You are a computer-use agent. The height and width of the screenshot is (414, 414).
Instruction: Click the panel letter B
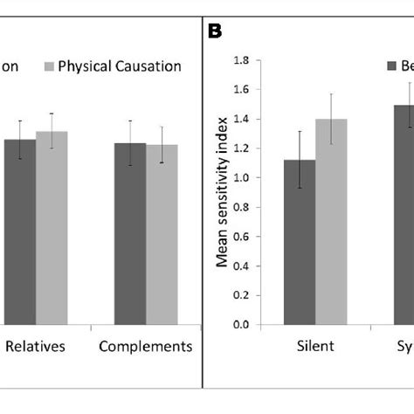[x=216, y=31]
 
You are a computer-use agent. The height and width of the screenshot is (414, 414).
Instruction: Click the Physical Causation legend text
[x=120, y=66]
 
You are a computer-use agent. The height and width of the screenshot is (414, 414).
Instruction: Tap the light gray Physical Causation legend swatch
[x=49, y=66]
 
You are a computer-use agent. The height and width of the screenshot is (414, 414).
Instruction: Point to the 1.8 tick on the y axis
[x=240, y=60]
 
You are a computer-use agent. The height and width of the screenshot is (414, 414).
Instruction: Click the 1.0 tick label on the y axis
[x=240, y=178]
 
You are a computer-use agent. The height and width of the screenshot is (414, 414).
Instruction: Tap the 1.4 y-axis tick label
[x=240, y=119]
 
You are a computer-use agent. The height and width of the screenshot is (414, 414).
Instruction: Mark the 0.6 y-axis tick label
[x=240, y=237]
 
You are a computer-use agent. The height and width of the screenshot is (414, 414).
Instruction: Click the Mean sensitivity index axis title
[x=224, y=192]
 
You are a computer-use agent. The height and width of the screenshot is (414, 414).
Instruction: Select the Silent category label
[x=315, y=347]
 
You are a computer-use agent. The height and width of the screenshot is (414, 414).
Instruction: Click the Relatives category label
[x=36, y=347]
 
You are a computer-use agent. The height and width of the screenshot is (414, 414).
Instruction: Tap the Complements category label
[x=145, y=347]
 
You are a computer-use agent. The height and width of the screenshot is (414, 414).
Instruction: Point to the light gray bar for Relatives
[x=52, y=228]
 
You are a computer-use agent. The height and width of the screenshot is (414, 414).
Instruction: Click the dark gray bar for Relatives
[x=20, y=232]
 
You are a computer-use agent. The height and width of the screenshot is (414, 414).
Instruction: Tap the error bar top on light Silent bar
[x=331, y=93]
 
